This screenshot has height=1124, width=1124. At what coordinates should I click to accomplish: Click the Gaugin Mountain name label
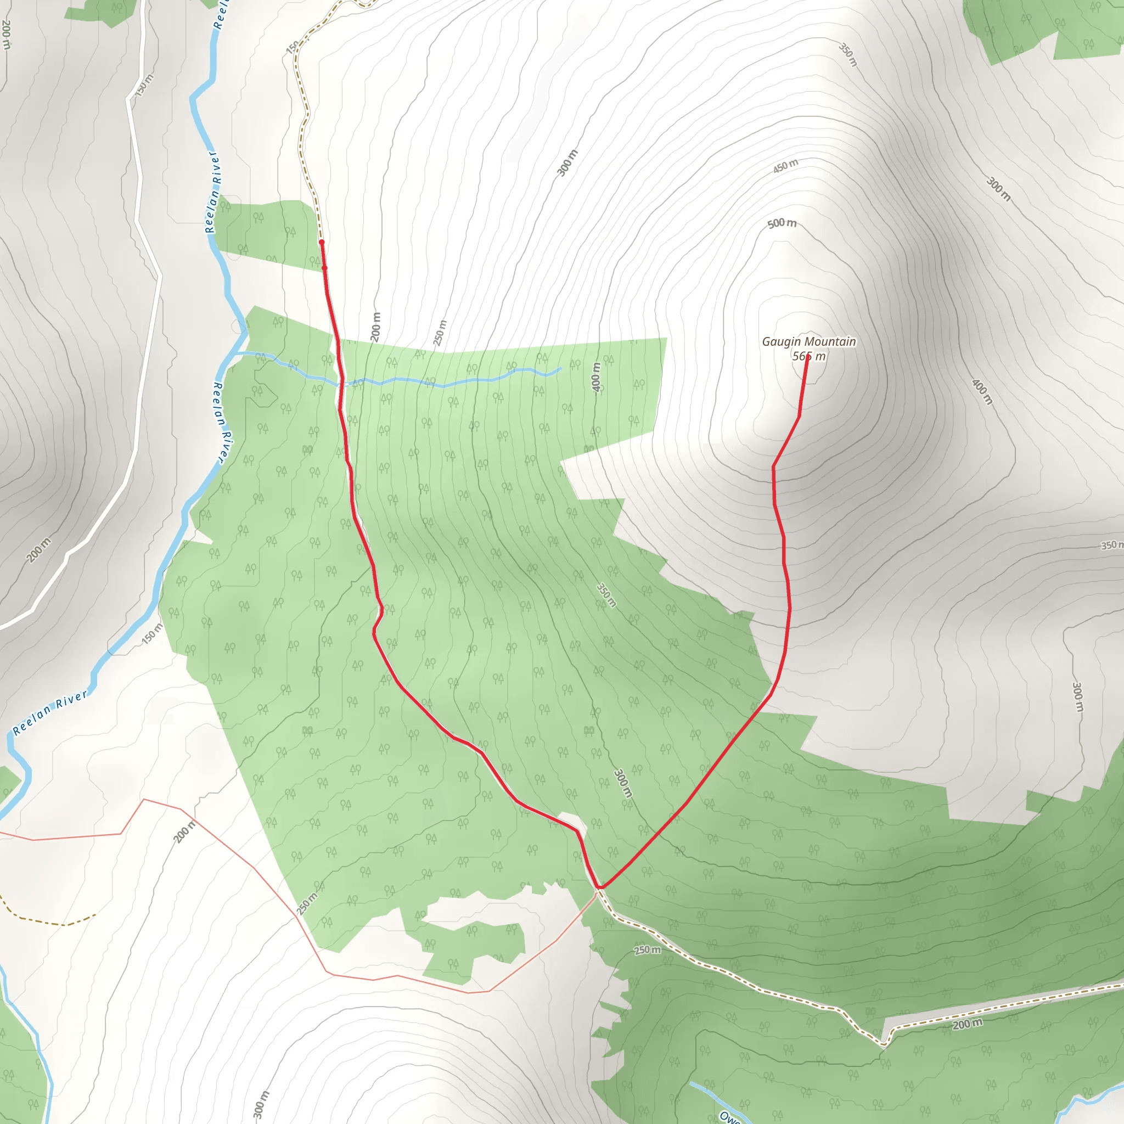click(x=808, y=341)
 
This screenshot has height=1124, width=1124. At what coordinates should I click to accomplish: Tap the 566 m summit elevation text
click(x=808, y=356)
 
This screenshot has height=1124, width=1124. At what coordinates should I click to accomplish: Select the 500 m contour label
click(x=782, y=223)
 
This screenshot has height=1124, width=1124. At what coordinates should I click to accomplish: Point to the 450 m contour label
click(x=785, y=166)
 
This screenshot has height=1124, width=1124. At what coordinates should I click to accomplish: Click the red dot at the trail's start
click(x=322, y=242)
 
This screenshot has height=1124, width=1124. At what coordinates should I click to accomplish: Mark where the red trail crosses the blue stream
click(x=340, y=384)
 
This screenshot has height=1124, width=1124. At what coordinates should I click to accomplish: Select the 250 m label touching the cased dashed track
click(x=648, y=950)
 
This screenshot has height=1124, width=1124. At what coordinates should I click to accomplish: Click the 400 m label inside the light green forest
click(x=595, y=377)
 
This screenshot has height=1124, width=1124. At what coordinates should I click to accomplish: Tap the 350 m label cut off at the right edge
click(x=1112, y=545)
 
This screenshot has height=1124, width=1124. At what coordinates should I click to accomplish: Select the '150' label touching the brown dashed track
click(x=293, y=47)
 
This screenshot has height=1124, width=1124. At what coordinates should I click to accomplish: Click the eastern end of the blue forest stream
click(x=560, y=368)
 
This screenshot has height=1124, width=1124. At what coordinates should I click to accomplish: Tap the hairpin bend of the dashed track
click(x=883, y=1045)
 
